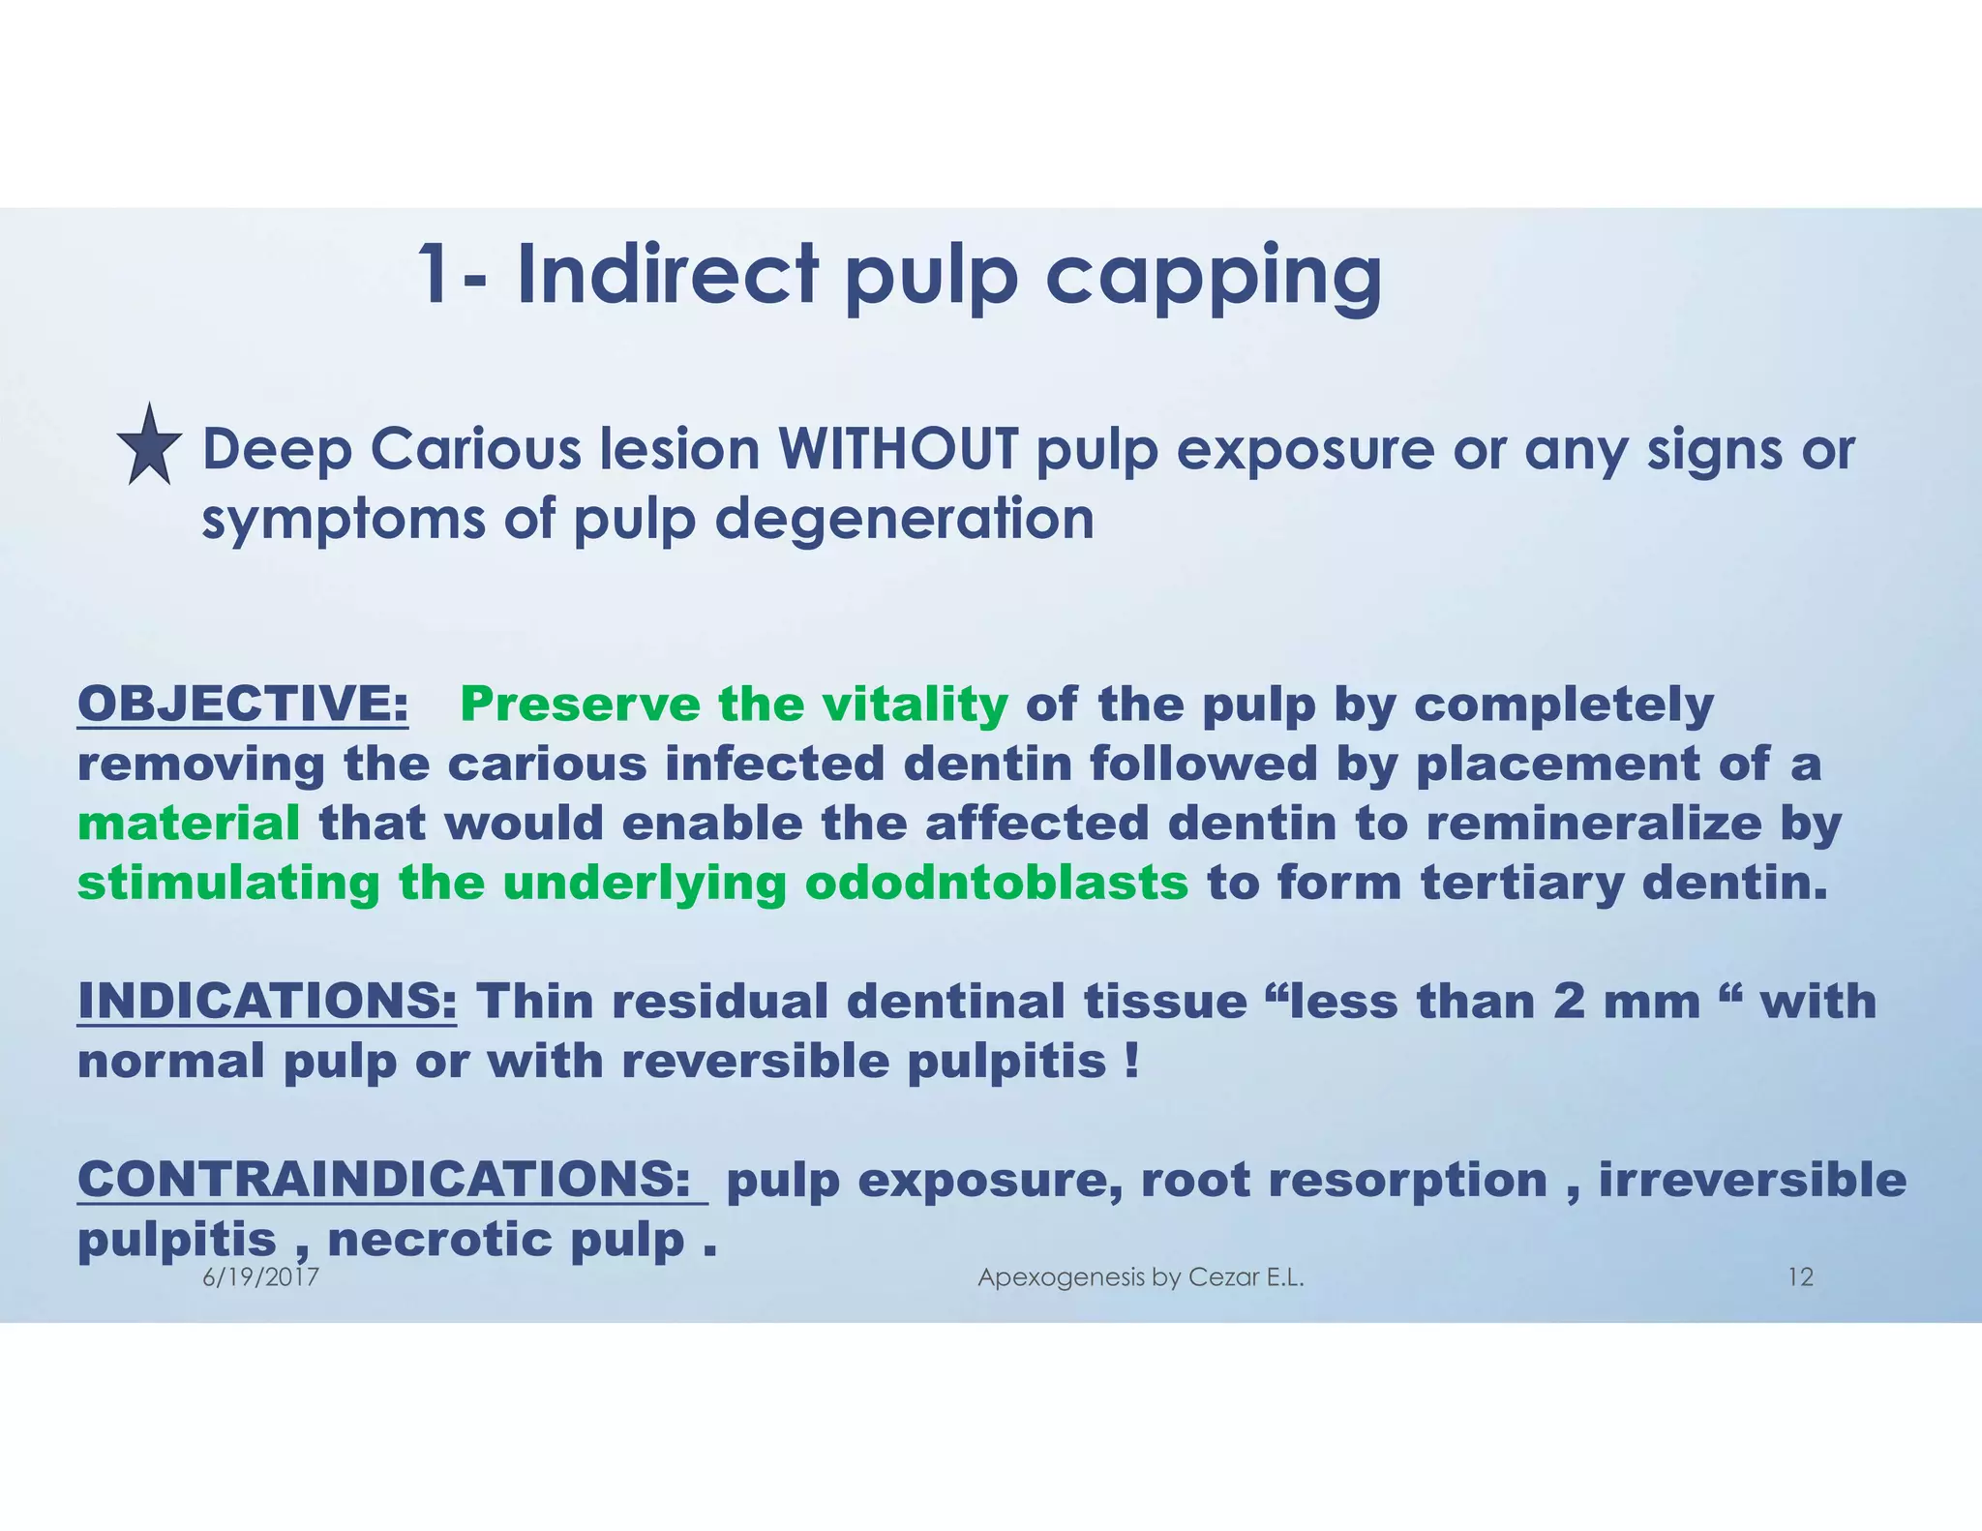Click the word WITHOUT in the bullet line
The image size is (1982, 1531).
tap(899, 451)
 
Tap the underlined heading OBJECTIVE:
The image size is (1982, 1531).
tap(243, 704)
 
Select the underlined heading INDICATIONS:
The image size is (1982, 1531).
tap(267, 1001)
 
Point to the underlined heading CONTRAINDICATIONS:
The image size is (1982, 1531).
tap(392, 1180)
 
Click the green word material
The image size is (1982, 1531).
tap(189, 824)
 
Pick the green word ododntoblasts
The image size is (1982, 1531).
tap(996, 883)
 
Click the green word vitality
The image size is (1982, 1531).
tap(915, 704)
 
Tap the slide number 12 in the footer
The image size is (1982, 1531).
tap(1799, 1277)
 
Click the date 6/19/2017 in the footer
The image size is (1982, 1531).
tap(261, 1277)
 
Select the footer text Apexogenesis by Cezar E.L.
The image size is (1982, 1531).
tap(1140, 1277)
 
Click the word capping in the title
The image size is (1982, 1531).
tap(1214, 278)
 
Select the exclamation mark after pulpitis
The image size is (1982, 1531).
tap(1132, 1061)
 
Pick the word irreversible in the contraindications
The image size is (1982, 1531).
tap(1753, 1180)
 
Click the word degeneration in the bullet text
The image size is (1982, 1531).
tap(904, 520)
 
